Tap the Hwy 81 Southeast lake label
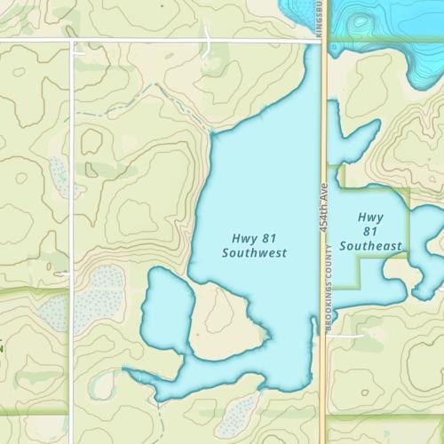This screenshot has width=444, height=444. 371,231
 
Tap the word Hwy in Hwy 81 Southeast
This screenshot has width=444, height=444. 371,217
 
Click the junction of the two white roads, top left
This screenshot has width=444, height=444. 72,41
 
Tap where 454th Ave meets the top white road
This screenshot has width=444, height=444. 322,40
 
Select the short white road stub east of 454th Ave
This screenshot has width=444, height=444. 348,337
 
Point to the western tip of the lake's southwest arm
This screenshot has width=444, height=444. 125,371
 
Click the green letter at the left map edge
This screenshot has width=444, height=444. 2,347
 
